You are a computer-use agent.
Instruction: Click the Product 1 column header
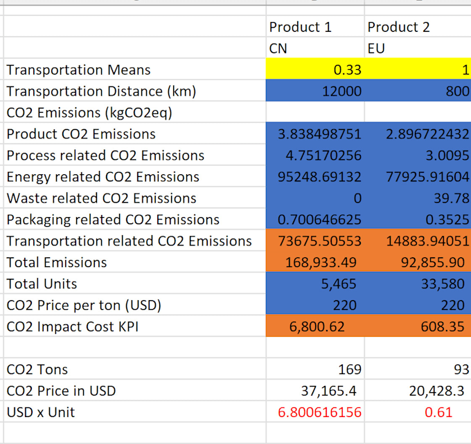(x=300, y=27)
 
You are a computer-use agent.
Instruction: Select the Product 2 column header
(x=398, y=27)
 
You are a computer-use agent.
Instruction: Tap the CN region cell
(x=278, y=49)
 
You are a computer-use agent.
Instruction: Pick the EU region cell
(x=376, y=49)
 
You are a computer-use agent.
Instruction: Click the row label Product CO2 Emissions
(x=81, y=134)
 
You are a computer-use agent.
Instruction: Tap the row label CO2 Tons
(x=37, y=370)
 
